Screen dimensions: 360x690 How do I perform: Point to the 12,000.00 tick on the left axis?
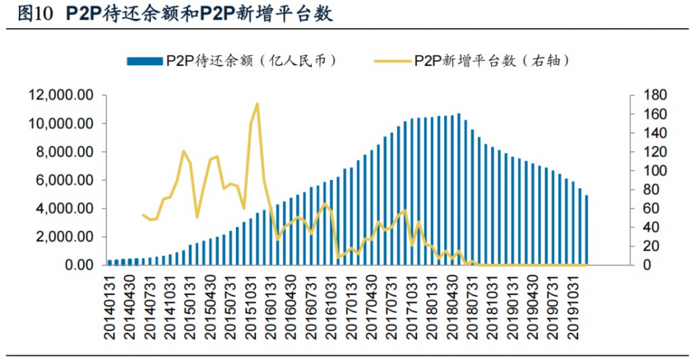click(x=60, y=95)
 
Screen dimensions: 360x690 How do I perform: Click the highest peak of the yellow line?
click(x=257, y=104)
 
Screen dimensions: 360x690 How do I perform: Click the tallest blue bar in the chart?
click(x=459, y=189)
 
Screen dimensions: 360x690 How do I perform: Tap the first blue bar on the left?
click(x=110, y=262)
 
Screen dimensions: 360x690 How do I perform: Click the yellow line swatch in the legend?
click(x=392, y=61)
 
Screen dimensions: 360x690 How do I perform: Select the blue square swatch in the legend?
click(x=144, y=61)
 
